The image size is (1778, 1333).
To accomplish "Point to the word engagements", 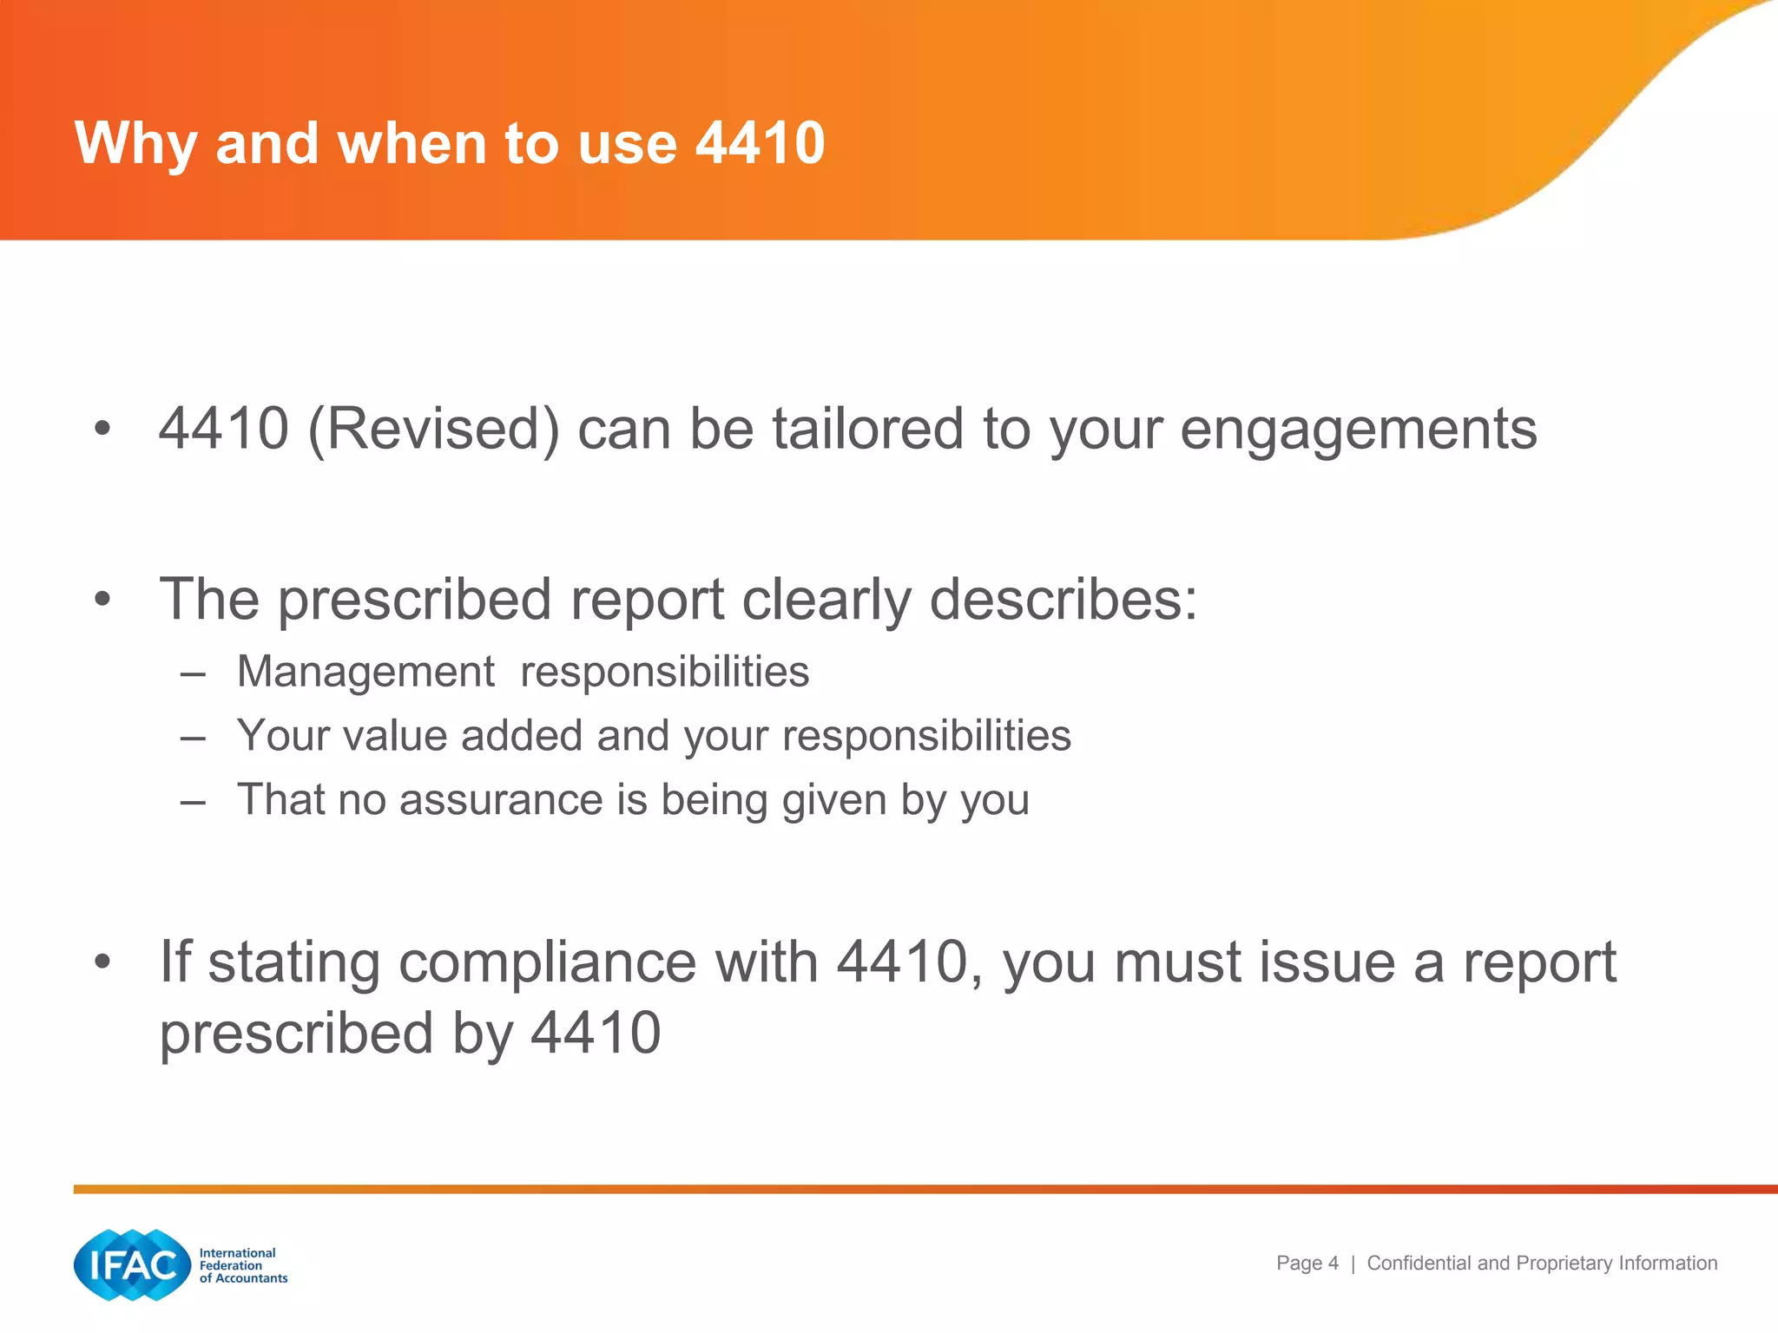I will [x=1359, y=430].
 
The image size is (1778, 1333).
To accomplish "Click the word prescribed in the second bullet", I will [x=415, y=601].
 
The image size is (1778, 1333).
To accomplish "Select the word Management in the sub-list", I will [x=365, y=673].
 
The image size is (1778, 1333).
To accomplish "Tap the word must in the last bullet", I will [x=1177, y=962].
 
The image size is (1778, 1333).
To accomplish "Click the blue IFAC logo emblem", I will [x=132, y=1265].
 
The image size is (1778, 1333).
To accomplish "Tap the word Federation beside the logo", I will [x=230, y=1265].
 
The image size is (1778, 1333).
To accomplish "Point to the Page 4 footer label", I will [x=1307, y=1264].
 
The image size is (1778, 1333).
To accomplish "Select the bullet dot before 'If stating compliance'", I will [x=103, y=962].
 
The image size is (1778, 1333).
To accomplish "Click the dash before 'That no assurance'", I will [x=193, y=801].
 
